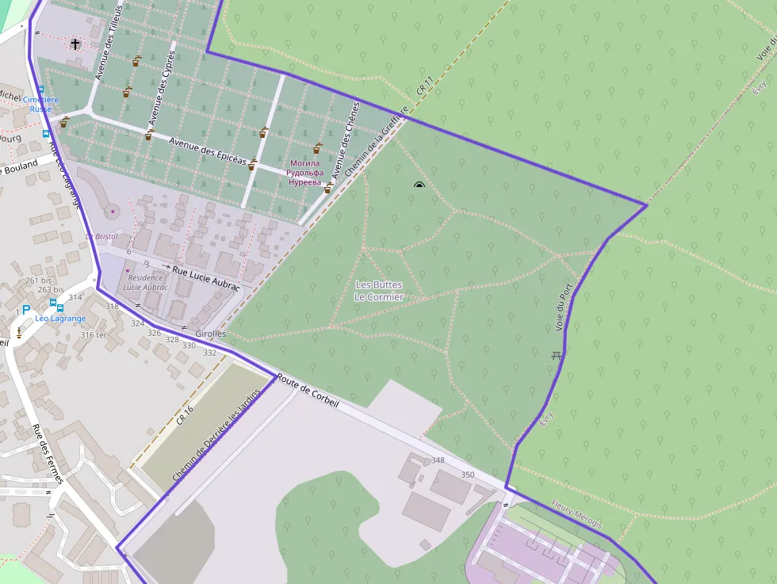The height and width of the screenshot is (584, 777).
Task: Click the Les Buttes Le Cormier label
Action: tap(378, 291)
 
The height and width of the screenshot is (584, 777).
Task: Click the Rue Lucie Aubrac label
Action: tap(205, 278)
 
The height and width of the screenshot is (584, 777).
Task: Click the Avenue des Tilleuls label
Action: tap(109, 41)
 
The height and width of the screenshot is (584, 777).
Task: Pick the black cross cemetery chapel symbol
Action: tap(75, 44)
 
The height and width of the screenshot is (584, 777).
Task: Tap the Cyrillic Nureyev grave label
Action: tap(305, 173)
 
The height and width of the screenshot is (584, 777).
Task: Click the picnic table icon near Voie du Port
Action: tap(557, 355)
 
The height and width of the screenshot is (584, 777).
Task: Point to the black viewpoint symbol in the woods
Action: tap(419, 185)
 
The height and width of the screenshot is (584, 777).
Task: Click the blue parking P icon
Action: tap(25, 311)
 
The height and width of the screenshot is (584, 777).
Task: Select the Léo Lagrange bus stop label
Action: tap(60, 319)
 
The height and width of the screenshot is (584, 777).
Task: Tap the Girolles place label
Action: tap(210, 334)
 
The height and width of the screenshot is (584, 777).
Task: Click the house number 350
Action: tap(468, 475)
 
